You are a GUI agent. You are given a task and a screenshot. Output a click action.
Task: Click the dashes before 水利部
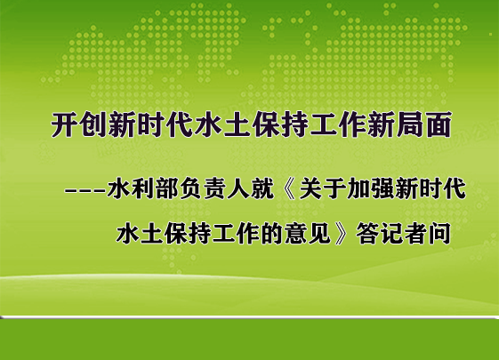[x=85, y=191]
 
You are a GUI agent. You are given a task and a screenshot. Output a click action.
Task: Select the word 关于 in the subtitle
[x=322, y=189]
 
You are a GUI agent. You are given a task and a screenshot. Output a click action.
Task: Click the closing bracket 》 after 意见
[x=340, y=234]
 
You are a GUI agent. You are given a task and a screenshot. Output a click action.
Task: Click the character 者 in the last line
[x=416, y=234]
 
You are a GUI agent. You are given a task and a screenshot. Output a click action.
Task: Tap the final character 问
[x=439, y=234]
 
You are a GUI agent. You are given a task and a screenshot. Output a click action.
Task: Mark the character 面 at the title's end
[x=439, y=124]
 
